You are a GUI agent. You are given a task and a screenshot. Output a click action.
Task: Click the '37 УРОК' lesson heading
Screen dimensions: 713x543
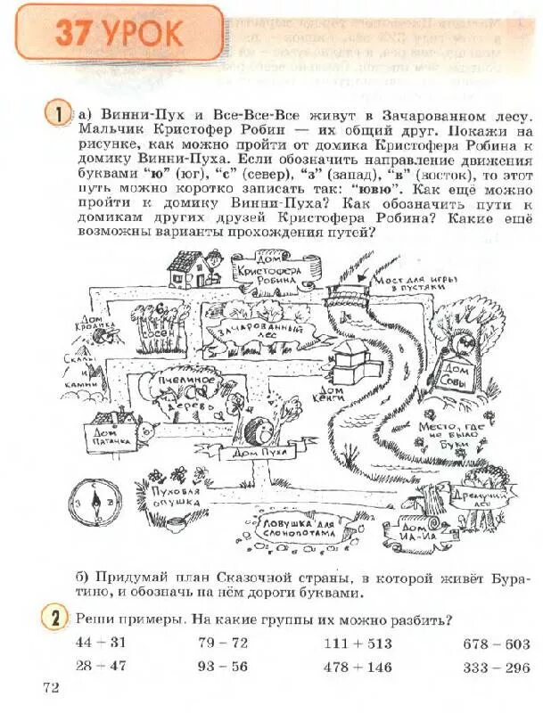119,33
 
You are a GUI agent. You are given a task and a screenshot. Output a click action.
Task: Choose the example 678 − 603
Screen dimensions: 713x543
496,643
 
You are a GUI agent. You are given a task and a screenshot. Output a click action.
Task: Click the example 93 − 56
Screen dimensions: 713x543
223,666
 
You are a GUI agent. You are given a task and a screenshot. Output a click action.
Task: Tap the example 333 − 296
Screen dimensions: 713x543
496,667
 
